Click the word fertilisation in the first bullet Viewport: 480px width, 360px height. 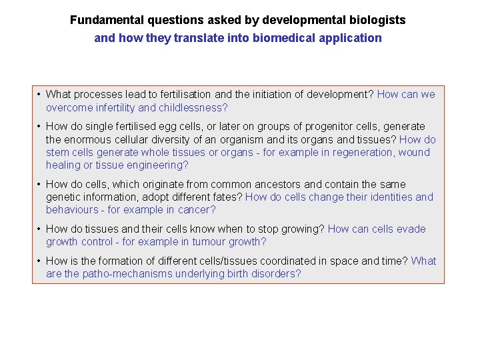[195, 95]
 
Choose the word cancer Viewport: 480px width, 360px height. [197, 209]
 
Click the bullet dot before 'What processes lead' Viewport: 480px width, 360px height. [39, 95]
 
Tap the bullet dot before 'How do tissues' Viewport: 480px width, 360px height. [39, 229]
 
